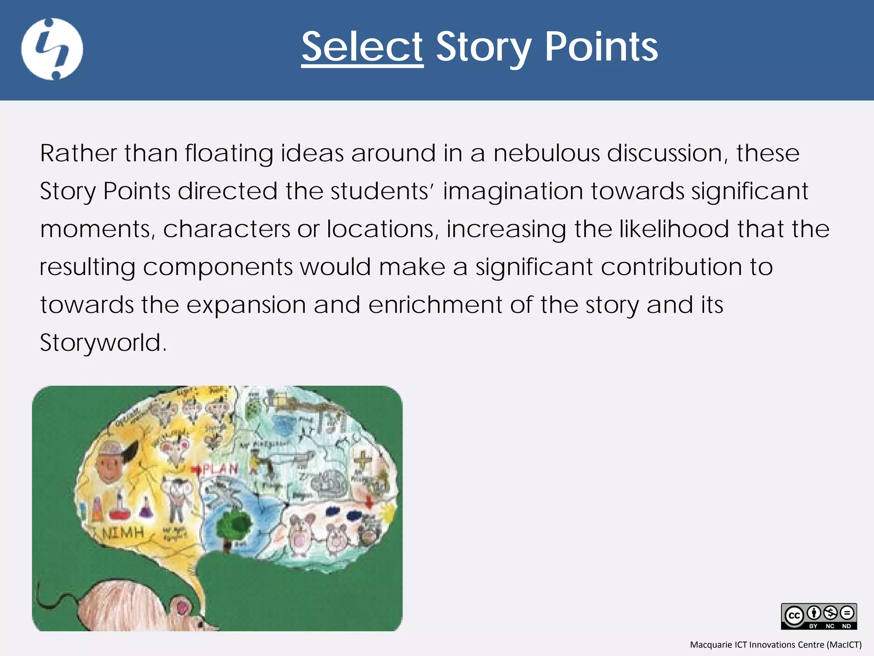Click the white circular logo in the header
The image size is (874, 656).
pos(52,49)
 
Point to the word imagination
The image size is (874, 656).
pos(513,191)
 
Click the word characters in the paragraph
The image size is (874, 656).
pos(227,229)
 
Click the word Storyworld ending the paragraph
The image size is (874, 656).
pos(102,343)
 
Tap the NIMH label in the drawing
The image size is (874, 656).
pos(123,533)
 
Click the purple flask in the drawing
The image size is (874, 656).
pos(146,509)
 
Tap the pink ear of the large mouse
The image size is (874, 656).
pos(182,606)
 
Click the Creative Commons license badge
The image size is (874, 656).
pos(819,616)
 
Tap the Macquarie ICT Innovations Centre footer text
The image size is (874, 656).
pos(775,644)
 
